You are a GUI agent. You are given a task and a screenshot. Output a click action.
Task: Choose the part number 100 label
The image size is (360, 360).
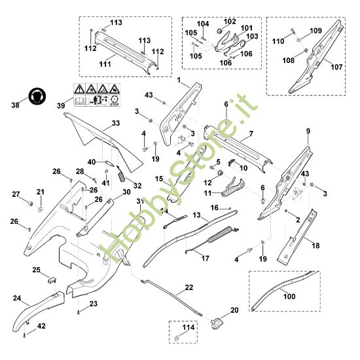(x=289, y=296)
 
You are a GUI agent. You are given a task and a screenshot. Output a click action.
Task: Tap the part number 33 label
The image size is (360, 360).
(x=116, y=122)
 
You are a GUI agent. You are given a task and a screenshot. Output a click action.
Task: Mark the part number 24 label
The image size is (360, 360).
(x=16, y=298)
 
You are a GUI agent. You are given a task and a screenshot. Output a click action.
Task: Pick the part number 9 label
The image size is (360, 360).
(x=307, y=132)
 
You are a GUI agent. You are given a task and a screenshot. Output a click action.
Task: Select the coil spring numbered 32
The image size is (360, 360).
(x=122, y=176)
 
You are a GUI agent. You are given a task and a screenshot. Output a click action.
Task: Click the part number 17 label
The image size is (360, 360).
(x=206, y=259)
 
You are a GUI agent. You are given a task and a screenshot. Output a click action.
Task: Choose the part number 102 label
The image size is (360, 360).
(x=230, y=21)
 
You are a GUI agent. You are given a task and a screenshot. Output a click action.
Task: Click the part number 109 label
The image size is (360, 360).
(x=315, y=31)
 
